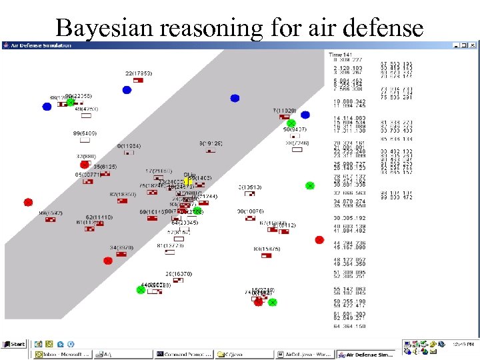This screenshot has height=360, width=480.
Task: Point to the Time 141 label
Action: [x=339, y=54]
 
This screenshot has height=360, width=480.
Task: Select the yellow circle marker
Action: [x=188, y=181]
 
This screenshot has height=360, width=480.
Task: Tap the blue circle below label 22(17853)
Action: [x=127, y=89]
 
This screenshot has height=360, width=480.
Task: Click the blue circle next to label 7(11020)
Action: [x=305, y=115]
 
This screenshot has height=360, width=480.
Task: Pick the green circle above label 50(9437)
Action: [x=291, y=123]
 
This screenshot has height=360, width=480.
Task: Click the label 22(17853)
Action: [x=138, y=73]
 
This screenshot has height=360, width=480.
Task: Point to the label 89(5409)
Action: [x=85, y=133]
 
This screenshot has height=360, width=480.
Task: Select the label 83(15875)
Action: [x=267, y=249]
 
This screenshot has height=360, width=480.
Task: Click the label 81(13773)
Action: [x=170, y=245]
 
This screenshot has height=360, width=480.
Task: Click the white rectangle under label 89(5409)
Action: [x=85, y=140]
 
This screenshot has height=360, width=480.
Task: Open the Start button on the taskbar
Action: [x=15, y=344]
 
